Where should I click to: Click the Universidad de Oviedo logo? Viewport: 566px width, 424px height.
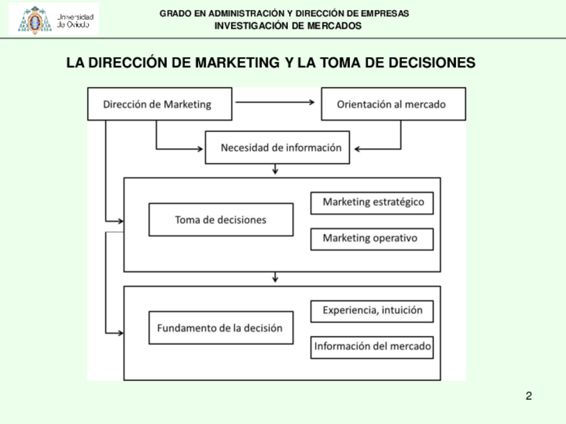pos(54,19)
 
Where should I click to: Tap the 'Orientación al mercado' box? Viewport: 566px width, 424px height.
pos(393,104)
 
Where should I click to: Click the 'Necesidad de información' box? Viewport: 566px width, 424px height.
pos(278,147)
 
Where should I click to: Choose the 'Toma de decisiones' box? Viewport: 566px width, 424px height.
pos(220,219)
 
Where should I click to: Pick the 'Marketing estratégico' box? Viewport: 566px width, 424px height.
pos(372,202)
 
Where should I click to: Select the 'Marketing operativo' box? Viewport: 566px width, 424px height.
pos(372,238)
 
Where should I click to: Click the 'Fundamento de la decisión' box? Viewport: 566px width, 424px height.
pos(220,327)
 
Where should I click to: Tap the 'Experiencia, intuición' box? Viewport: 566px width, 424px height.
pos(372,310)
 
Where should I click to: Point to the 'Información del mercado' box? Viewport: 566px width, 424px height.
pos(372,347)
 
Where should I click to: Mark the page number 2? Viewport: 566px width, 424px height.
pos(529,397)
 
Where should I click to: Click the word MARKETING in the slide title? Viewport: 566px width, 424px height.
pos(236,63)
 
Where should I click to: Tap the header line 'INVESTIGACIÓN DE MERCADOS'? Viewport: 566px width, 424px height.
pos(288,26)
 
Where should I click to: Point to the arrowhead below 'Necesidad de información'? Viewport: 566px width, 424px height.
pos(275,171)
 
